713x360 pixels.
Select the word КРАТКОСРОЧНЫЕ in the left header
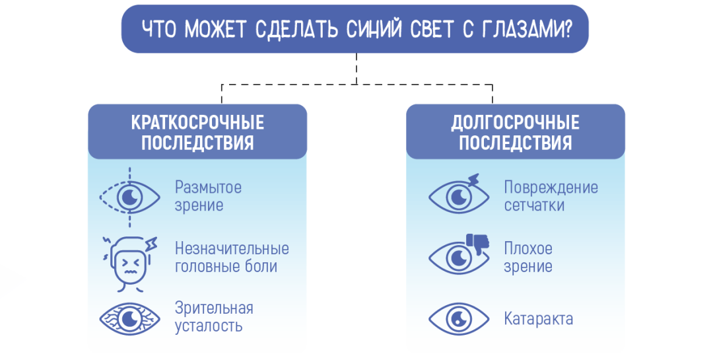197,123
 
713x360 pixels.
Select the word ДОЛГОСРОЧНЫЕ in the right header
515,123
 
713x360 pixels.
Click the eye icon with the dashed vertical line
130,196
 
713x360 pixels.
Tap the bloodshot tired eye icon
130,319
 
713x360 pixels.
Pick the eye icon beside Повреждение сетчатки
459,196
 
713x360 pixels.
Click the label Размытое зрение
208,196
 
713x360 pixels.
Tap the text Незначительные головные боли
232,258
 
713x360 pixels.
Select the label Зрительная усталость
214,317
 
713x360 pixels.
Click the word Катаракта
538,320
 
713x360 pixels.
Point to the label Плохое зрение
528,258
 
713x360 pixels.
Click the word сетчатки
534,205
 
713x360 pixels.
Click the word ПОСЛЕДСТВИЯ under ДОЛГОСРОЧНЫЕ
515,143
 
